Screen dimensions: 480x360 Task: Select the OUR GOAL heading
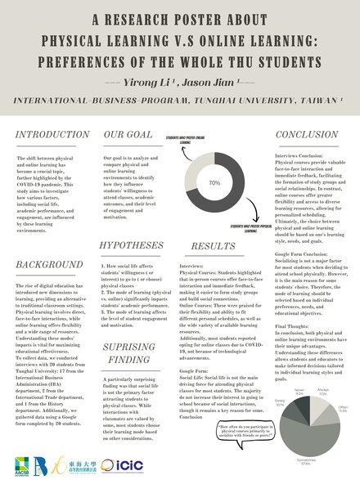click(x=125, y=133)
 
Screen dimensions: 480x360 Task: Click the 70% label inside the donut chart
click(x=214, y=183)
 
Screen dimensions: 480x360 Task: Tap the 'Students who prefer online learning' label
click(x=190, y=140)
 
